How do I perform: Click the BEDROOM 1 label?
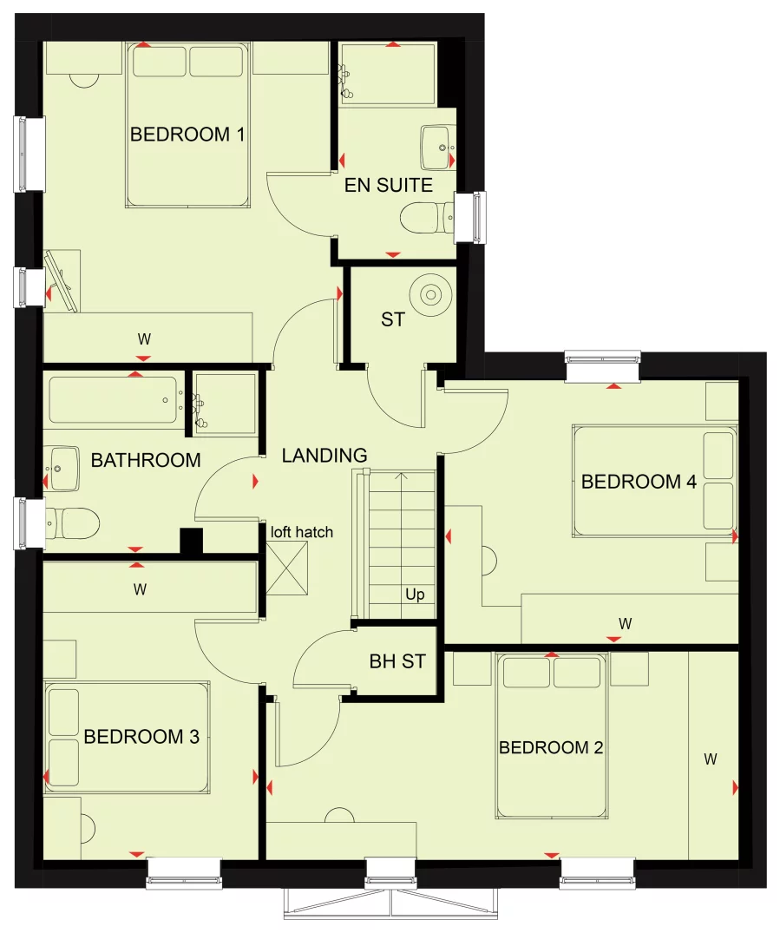tap(187, 135)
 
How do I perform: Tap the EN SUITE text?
tap(389, 185)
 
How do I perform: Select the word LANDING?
tap(324, 455)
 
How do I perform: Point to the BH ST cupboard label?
tap(397, 661)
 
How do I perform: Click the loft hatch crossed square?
tap(287, 568)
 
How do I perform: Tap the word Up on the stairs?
tap(415, 594)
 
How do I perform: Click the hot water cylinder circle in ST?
tap(430, 294)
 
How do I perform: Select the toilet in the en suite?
tap(428, 219)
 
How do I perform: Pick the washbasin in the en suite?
tap(438, 147)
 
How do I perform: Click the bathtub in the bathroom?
tap(113, 399)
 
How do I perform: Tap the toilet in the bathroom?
tap(71, 523)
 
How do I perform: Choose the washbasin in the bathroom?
tap(62, 469)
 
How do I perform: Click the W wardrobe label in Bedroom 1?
tap(144, 339)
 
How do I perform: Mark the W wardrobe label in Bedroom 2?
tap(711, 759)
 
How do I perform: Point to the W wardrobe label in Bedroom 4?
tap(625, 623)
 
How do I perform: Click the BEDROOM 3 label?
tap(141, 737)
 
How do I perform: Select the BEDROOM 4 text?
tap(639, 482)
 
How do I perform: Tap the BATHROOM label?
tap(146, 460)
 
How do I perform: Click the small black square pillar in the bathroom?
tap(192, 541)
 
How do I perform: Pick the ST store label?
tap(393, 319)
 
